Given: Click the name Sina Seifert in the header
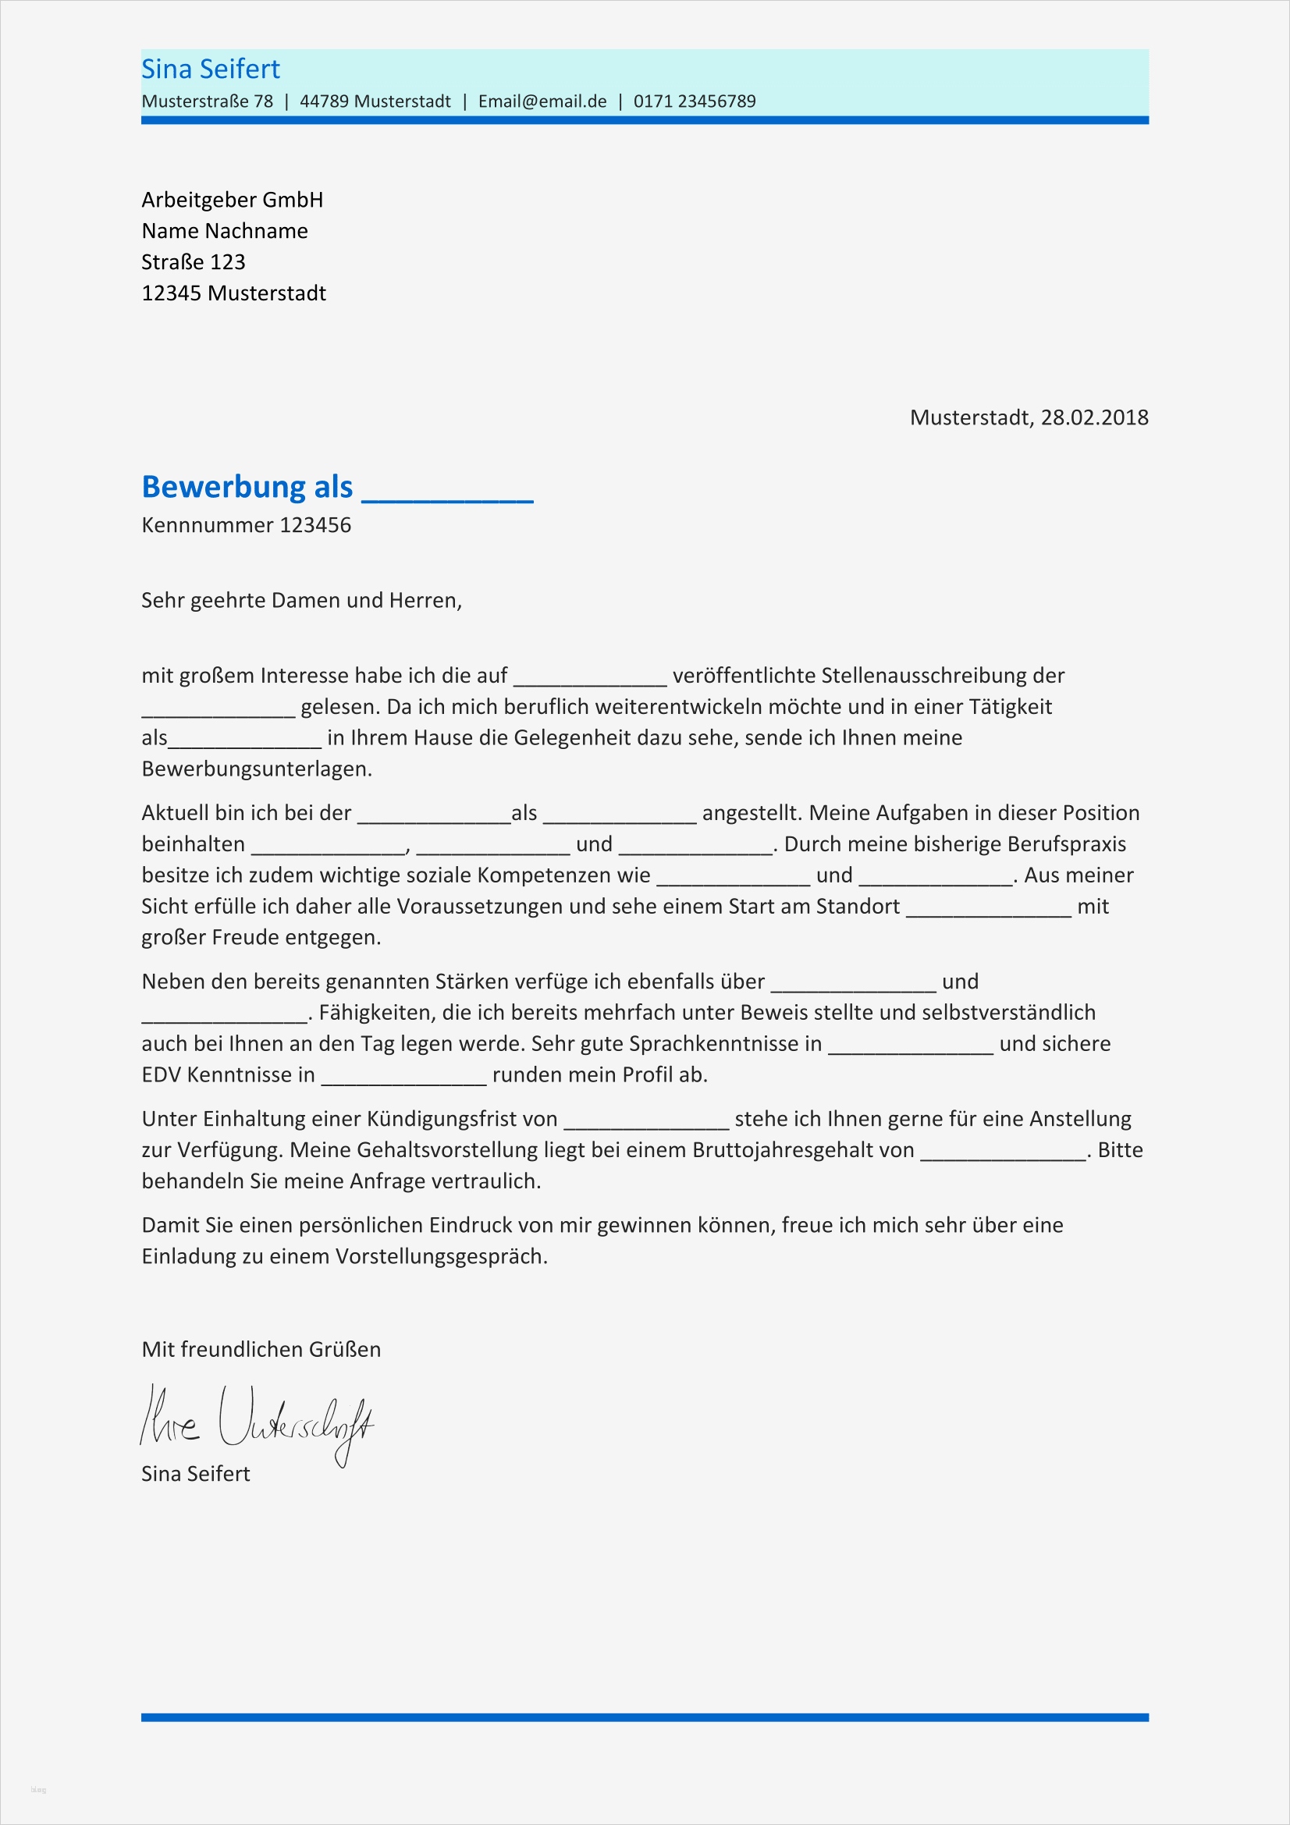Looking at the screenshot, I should point(211,69).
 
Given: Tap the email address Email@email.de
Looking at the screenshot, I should point(542,101).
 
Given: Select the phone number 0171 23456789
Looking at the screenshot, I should point(694,101).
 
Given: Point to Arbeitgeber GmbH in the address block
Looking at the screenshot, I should point(232,200).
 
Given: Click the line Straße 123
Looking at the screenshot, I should point(193,261).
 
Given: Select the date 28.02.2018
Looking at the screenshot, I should point(1093,417).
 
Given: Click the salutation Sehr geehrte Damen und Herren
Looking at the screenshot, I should point(301,600).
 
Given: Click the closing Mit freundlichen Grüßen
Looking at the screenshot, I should point(261,1350).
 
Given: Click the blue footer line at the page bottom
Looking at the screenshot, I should point(645,1717).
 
